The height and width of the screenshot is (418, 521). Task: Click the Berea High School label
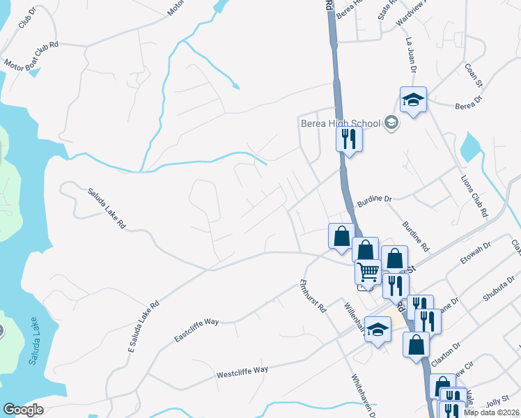341,123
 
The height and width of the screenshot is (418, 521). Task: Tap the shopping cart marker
367,270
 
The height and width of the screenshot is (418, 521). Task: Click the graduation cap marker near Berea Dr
413,100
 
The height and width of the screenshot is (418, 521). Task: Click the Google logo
23,410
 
